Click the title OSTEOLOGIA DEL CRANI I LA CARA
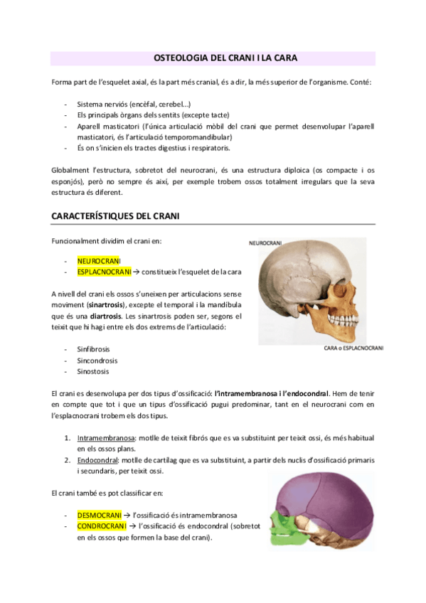213,58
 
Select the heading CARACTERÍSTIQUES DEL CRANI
118,215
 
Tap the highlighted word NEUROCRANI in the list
99,261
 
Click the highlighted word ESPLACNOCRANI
105,272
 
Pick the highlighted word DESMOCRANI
99,515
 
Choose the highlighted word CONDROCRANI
102,526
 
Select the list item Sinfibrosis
93,350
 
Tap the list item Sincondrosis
96,361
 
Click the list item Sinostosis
93,371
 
